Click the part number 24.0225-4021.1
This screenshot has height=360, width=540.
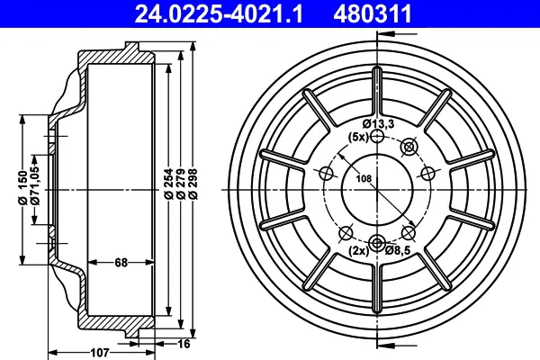[x=219, y=13]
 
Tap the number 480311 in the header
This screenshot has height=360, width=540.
[x=373, y=13]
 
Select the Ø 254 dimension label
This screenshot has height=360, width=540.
[x=168, y=184]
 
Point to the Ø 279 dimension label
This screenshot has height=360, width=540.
[x=181, y=184]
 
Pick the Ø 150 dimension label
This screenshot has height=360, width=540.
[x=22, y=188]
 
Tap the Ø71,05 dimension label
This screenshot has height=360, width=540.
[x=35, y=185]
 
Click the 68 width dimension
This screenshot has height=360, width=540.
[x=121, y=263]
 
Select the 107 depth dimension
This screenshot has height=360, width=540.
[x=100, y=353]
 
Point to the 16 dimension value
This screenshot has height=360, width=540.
[x=184, y=344]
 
